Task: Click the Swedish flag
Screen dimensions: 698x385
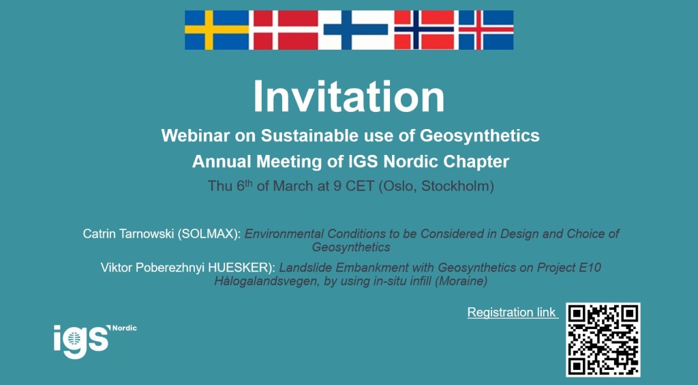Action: tap(217, 30)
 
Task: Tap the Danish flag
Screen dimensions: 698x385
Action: tap(286, 30)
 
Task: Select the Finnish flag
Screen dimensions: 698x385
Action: tap(356, 30)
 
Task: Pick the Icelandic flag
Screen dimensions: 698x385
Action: tap(485, 30)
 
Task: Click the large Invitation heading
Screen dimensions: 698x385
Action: tap(348, 97)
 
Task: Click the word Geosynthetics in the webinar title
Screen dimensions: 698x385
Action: tap(479, 135)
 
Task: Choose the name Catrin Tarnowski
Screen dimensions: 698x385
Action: tap(128, 234)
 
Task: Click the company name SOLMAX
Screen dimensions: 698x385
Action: tap(209, 234)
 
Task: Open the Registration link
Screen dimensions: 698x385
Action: tap(511, 313)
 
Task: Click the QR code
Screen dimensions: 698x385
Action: tap(603, 340)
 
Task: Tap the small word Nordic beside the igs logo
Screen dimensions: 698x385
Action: tap(124, 328)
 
